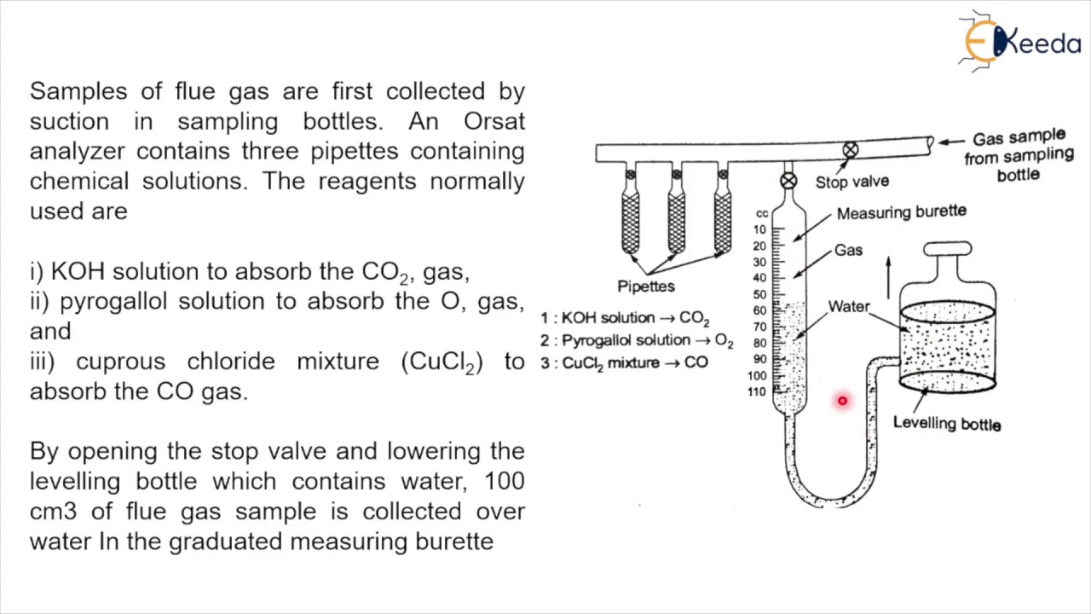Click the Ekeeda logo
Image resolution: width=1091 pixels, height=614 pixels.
click(x=1019, y=40)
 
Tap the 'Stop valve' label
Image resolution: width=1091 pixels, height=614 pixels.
click(x=851, y=182)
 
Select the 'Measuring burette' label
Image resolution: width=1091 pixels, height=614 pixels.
click(x=901, y=212)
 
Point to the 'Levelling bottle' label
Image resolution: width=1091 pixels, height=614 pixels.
click(x=946, y=423)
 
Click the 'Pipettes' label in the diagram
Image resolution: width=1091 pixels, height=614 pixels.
click(x=646, y=287)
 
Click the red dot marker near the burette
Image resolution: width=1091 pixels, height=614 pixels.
click(x=842, y=400)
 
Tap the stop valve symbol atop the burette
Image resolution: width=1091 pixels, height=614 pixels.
click(x=788, y=181)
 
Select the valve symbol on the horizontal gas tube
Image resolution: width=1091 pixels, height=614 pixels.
click(x=850, y=150)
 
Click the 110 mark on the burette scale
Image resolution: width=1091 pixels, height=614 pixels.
click(x=757, y=392)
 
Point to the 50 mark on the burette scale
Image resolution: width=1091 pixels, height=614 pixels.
click(x=759, y=294)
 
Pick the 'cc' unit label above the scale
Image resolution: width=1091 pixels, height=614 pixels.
click(x=761, y=214)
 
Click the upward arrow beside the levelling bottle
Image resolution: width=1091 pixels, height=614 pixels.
click(x=888, y=276)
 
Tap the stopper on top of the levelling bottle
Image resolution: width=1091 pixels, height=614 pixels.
click(x=947, y=249)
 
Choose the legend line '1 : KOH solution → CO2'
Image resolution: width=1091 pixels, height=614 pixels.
click(x=625, y=318)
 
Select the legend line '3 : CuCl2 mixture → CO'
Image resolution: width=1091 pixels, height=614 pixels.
click(x=624, y=362)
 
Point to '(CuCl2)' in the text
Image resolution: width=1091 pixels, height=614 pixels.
click(x=442, y=362)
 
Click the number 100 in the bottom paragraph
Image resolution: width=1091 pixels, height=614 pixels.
click(x=504, y=481)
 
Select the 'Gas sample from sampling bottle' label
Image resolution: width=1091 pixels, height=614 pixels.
click(x=1019, y=155)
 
